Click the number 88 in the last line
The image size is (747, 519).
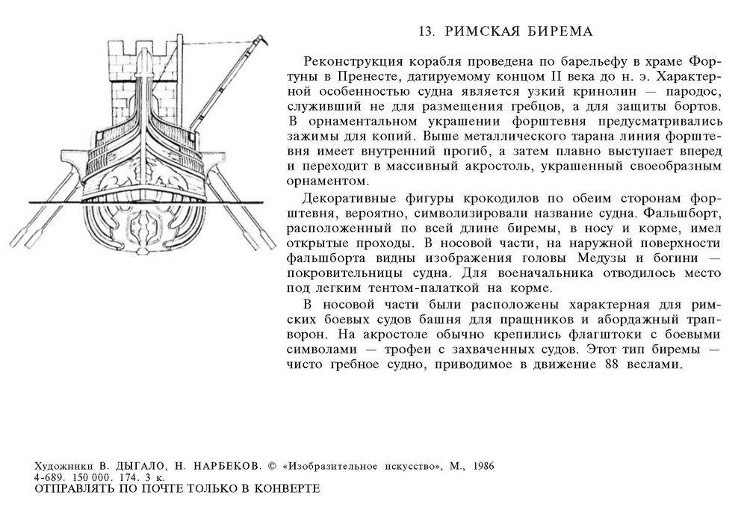click(608, 365)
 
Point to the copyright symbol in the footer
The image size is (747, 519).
click(270, 465)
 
